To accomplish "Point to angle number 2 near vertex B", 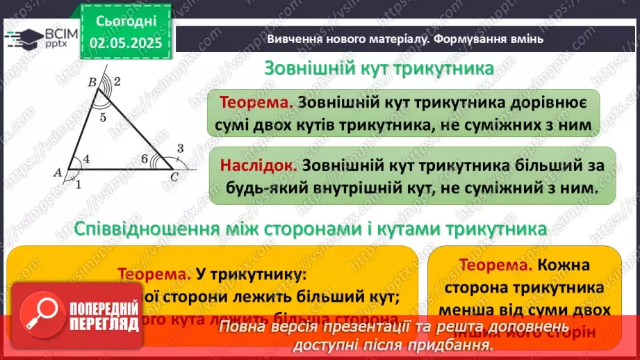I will tap(117, 82).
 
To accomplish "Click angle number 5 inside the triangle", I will tap(102, 117).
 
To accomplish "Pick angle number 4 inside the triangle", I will tap(86, 159).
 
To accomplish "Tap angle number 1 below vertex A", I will tap(78, 184).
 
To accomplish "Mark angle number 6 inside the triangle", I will tap(145, 160).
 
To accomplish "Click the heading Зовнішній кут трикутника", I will tap(379, 69).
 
